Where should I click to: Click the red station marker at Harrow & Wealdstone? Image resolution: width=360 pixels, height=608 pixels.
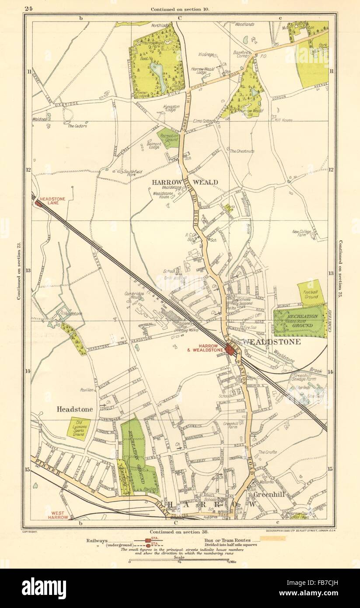230,349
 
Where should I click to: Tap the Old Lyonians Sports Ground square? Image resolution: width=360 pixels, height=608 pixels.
79,429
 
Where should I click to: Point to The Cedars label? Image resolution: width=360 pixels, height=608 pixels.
77,126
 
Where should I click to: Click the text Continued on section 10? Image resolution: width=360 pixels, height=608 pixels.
180,9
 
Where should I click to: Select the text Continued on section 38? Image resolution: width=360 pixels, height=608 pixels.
180,532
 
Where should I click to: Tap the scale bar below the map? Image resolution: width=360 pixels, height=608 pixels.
180,561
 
